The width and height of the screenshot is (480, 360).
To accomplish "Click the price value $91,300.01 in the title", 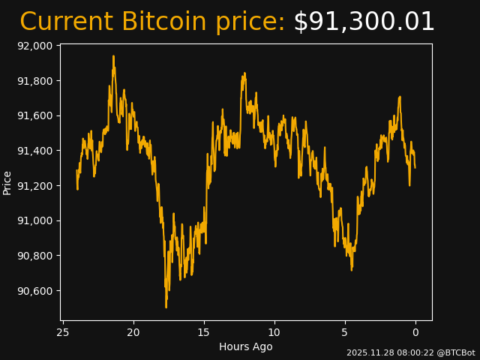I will pos(364,22).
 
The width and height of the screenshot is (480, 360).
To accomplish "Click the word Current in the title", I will pos(67,22).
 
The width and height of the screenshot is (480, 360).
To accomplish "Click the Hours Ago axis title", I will pos(246,346).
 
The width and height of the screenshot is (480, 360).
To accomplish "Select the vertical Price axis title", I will pos(7,182).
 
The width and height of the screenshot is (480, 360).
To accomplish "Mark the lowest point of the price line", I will pos(166,307).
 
